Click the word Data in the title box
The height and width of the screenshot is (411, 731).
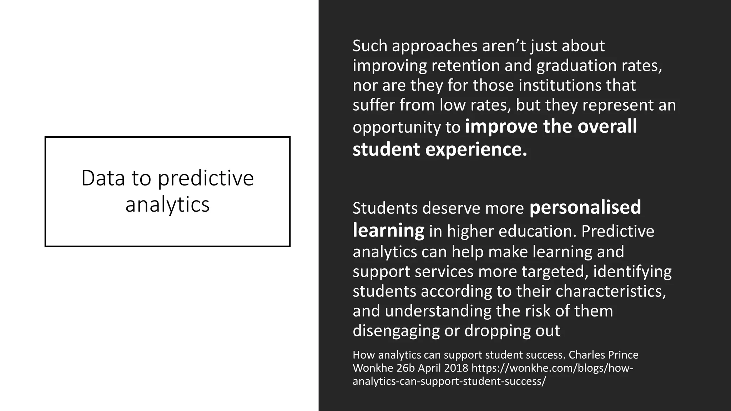tap(103, 178)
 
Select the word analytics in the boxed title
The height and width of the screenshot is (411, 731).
tap(167, 205)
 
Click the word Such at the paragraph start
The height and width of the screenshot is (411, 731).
tap(370, 46)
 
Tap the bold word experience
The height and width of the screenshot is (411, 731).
tap(476, 149)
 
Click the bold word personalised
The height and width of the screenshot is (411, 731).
tap(585, 207)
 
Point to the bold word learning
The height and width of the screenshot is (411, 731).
tap(388, 230)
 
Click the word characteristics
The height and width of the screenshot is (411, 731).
tap(611, 291)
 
